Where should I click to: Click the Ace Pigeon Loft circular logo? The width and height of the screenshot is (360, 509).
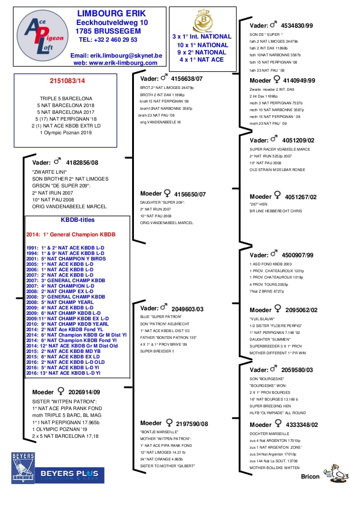[x=43, y=35]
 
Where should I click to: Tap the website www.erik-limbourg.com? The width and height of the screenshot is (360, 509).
[x=115, y=63]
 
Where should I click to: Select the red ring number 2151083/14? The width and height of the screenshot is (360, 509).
[x=67, y=81]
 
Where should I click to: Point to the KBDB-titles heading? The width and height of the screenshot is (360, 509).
[x=78, y=220]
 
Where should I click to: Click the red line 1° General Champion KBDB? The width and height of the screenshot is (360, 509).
[x=71, y=235]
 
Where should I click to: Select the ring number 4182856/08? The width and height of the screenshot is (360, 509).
[x=82, y=162]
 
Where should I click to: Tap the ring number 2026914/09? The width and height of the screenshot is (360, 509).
[x=84, y=392]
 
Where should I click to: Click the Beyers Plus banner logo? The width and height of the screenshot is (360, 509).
[x=69, y=475]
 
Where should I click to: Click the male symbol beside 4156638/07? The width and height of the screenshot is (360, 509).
[x=164, y=78]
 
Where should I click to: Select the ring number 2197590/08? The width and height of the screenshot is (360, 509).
[x=191, y=423]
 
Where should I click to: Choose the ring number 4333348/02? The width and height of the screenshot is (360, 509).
[x=301, y=425]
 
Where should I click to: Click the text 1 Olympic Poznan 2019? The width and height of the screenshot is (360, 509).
[x=65, y=133]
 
